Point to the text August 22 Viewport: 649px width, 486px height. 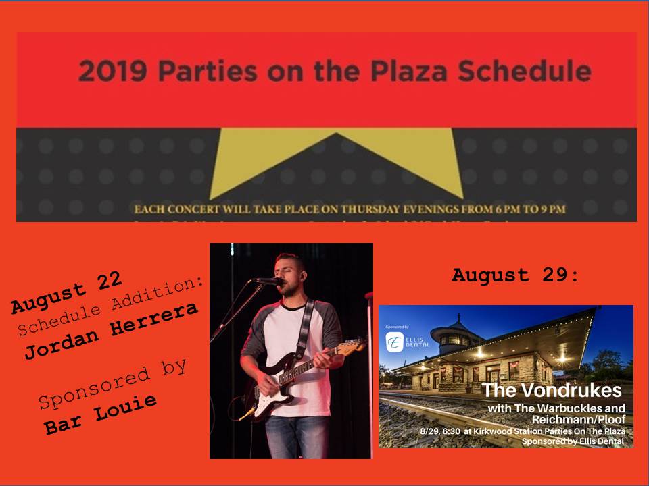[x=66, y=293]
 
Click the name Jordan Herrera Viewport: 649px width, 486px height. [x=112, y=330]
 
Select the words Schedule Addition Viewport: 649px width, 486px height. [x=111, y=307]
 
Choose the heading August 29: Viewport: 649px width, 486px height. [x=515, y=275]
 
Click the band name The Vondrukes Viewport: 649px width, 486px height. [x=550, y=391]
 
